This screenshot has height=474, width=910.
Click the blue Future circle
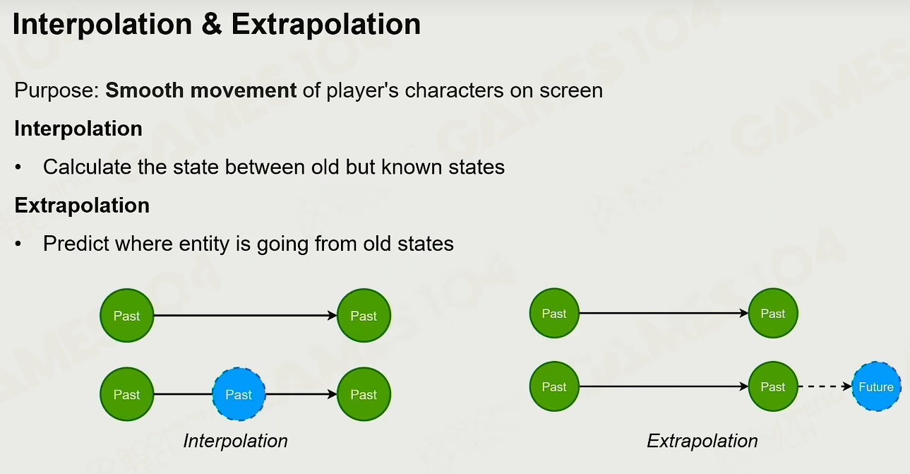pos(876,386)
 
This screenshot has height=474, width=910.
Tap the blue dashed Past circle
pos(239,394)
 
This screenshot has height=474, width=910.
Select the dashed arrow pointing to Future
pos(825,386)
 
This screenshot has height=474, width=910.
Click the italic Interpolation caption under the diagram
pos(235,441)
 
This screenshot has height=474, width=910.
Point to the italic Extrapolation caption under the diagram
pos(702,441)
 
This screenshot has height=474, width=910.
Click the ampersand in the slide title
pos(211,24)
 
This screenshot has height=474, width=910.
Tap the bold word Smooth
pos(145,90)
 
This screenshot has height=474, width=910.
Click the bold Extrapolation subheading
pos(82,206)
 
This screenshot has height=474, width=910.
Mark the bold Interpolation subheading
pos(78,129)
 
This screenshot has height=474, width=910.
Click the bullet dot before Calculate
pos(18,167)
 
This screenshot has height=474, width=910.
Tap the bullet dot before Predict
pos(18,244)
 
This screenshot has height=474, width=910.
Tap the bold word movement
pos(244,91)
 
